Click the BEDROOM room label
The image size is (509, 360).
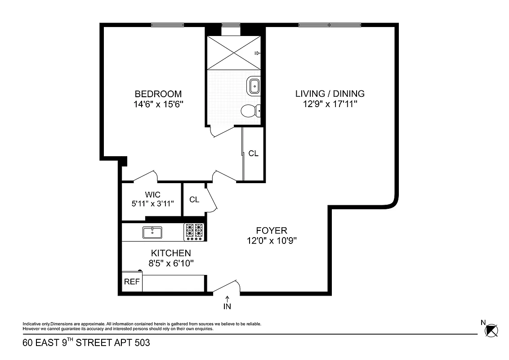158,94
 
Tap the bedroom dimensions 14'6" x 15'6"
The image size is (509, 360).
158,104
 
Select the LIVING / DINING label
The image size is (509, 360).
330,94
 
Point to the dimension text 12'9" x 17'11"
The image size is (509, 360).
330,104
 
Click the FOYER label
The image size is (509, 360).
271,230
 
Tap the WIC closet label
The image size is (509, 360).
152,195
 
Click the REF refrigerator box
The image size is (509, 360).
132,282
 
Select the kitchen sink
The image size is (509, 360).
152,232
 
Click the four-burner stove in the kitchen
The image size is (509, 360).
194,232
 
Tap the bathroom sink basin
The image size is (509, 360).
254,85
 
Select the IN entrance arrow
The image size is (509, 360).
228,303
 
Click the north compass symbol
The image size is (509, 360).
491,330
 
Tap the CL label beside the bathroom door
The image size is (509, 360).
253,153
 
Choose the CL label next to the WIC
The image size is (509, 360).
194,199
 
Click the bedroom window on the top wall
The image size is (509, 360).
167,25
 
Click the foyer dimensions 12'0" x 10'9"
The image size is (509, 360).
271,240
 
